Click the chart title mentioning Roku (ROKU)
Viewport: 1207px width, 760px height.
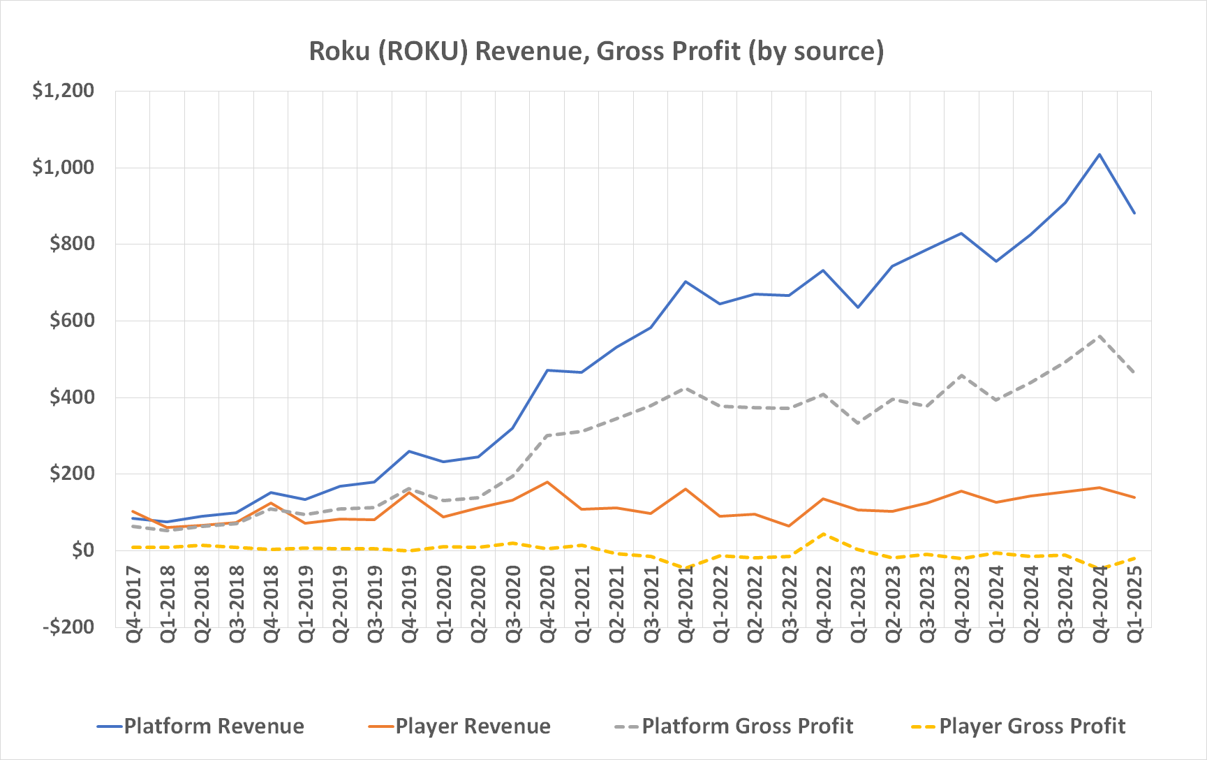click(596, 51)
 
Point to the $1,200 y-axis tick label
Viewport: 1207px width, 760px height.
click(64, 91)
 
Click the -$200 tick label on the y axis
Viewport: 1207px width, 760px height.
click(68, 627)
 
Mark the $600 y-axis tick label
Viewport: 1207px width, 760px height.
click(72, 321)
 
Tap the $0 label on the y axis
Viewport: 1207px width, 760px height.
click(82, 550)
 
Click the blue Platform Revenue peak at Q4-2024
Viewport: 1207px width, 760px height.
click(1099, 154)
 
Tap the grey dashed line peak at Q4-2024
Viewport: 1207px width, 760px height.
click(1099, 336)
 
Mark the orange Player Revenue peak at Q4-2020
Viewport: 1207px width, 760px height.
click(547, 482)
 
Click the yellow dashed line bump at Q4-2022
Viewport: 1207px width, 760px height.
click(824, 534)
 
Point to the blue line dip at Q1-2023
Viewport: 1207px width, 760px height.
click(858, 307)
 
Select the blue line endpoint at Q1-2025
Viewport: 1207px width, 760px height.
click(1134, 213)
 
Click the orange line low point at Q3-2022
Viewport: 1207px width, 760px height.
click(789, 526)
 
